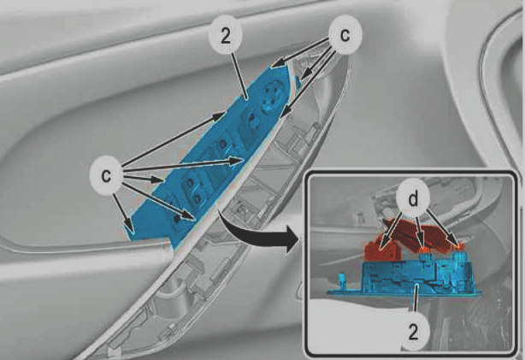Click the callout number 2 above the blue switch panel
[226, 36]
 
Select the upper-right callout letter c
[345, 34]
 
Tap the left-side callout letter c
[106, 175]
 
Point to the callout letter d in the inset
[414, 199]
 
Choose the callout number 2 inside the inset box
[414, 333]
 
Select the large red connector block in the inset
[383, 250]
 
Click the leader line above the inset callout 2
[416, 300]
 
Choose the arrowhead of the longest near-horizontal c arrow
[236, 161]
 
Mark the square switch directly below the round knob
[251, 125]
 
